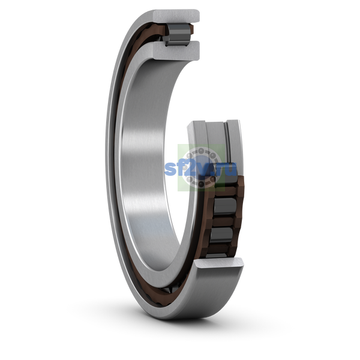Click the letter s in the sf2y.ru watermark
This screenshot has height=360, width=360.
pos(170,169)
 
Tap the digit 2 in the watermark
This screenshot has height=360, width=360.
pos(191,167)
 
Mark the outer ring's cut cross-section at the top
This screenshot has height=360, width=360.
pos(176,16)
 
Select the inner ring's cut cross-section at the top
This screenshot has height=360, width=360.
pos(176,50)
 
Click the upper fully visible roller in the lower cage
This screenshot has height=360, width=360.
pos(224,206)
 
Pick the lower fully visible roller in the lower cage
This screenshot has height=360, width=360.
pos(221,235)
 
